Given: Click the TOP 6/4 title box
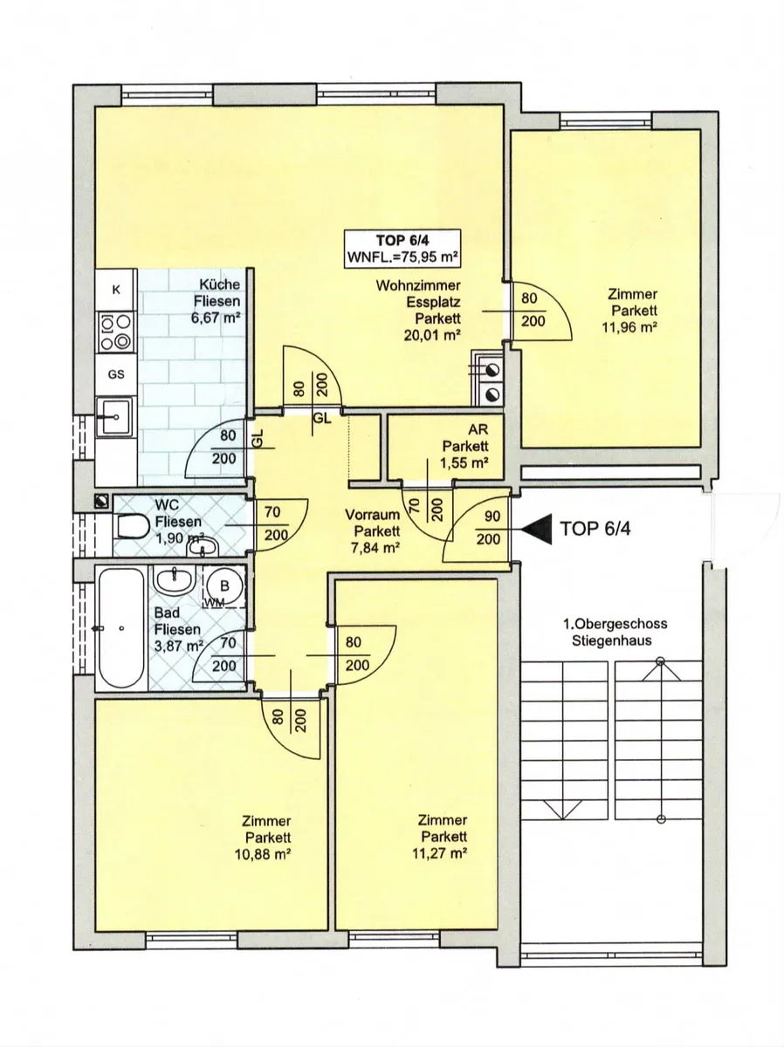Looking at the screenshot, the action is [x=403, y=250].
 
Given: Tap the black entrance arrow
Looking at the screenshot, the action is [x=537, y=529].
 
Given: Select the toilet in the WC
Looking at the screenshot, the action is [x=131, y=527].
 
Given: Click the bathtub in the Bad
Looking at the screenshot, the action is [x=121, y=626].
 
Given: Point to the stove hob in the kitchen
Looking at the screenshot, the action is [x=116, y=332].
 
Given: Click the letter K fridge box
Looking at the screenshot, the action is [x=116, y=290].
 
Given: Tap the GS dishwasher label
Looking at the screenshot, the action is [x=116, y=374].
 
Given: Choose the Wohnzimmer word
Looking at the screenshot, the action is [x=418, y=285].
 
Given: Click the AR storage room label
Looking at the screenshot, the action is [x=478, y=429].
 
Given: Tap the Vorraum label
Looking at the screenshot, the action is [x=372, y=515].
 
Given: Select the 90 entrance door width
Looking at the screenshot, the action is [x=492, y=517].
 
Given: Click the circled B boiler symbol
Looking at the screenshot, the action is [x=224, y=585].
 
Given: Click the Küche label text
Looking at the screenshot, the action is [x=219, y=284].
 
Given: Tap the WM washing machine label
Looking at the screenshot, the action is [x=214, y=603].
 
